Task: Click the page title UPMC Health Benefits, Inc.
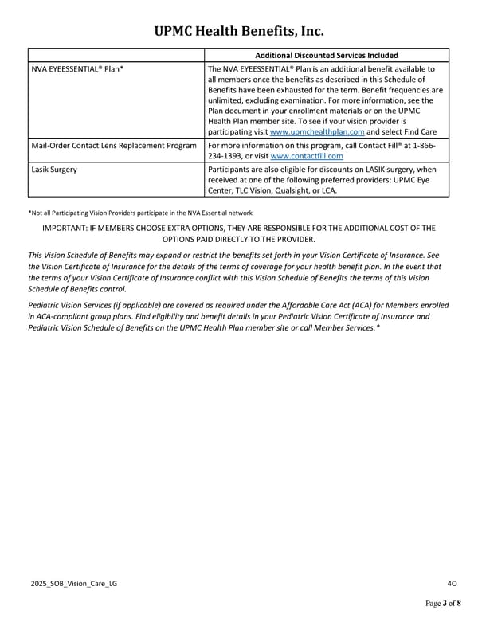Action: (238, 31)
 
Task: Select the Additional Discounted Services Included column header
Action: (327, 55)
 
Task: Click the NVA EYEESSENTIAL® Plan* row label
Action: (77, 69)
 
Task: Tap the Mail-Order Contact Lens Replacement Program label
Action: (113, 146)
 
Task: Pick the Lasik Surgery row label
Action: (54, 170)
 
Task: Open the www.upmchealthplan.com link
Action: (317, 132)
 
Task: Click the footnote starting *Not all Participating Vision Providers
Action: (139, 213)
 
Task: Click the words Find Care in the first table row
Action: (425, 132)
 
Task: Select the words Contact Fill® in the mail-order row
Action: (380, 146)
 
